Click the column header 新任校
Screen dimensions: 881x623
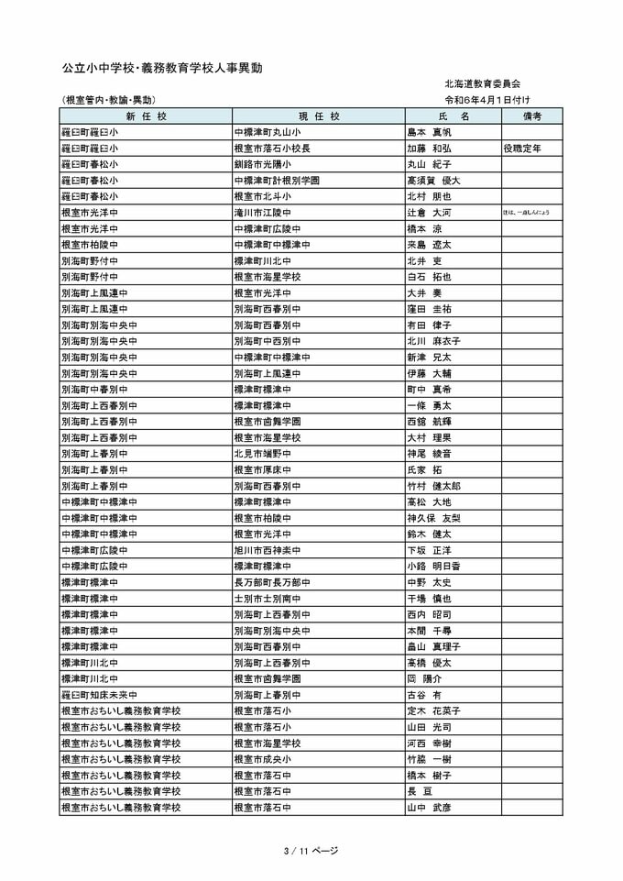(x=146, y=116)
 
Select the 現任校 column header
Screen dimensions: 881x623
(x=319, y=116)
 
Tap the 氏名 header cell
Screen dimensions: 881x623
(x=453, y=116)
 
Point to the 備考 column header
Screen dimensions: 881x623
(x=532, y=116)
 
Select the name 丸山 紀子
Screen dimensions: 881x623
(x=429, y=164)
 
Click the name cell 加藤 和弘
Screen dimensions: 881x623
(x=429, y=148)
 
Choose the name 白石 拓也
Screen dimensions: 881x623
(x=429, y=277)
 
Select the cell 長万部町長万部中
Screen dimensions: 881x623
(x=273, y=582)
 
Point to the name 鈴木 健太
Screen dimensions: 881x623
(x=429, y=534)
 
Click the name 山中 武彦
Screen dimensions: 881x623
(x=429, y=808)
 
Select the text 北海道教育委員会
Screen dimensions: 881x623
(x=483, y=84)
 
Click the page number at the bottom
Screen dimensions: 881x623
(x=311, y=851)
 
